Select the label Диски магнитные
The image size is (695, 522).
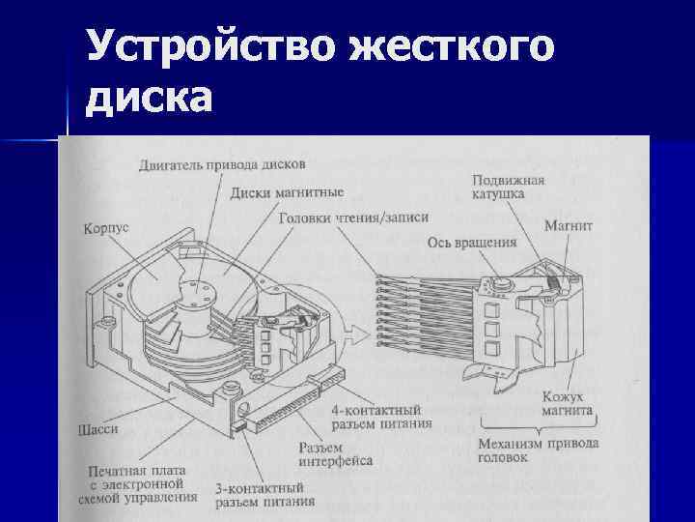pos(287,192)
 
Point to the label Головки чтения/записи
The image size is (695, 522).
pos(353,218)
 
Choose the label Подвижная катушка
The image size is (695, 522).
pos(509,187)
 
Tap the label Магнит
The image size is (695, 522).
pos(569,225)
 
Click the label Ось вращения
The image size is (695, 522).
pos(472,243)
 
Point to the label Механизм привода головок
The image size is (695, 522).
pos(539,450)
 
